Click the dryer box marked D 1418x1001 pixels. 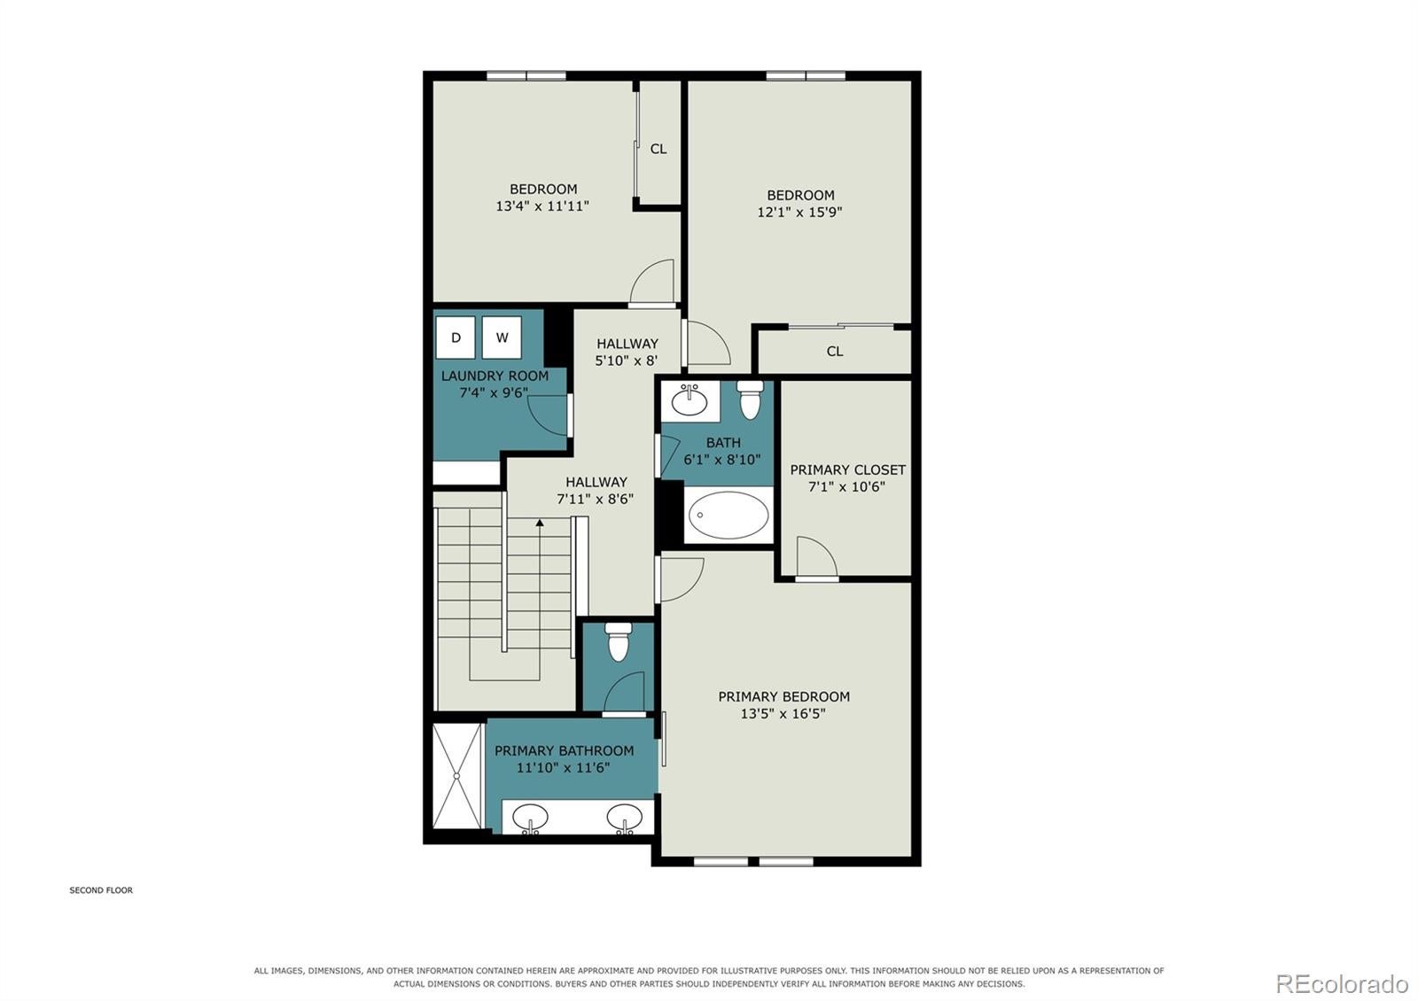tap(456, 338)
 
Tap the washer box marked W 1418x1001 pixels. tap(502, 338)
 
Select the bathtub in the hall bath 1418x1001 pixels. tap(728, 515)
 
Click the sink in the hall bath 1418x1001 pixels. tap(690, 401)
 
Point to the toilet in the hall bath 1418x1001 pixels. tap(750, 400)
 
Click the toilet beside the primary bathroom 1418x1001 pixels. tap(618, 641)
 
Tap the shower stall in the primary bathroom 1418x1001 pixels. tap(457, 776)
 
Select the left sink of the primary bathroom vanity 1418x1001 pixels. tap(530, 819)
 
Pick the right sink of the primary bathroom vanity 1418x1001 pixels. tap(625, 819)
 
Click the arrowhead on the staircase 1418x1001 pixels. tap(540, 523)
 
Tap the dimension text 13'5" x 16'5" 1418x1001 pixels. tap(783, 714)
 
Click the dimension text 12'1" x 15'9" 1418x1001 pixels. tap(799, 212)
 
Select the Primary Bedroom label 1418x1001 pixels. tap(783, 696)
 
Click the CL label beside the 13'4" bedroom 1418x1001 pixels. tap(658, 149)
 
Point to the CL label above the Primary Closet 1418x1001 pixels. tap(835, 351)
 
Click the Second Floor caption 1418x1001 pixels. tap(101, 890)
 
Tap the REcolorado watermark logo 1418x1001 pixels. tap(1342, 984)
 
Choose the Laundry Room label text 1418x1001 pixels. tap(495, 376)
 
